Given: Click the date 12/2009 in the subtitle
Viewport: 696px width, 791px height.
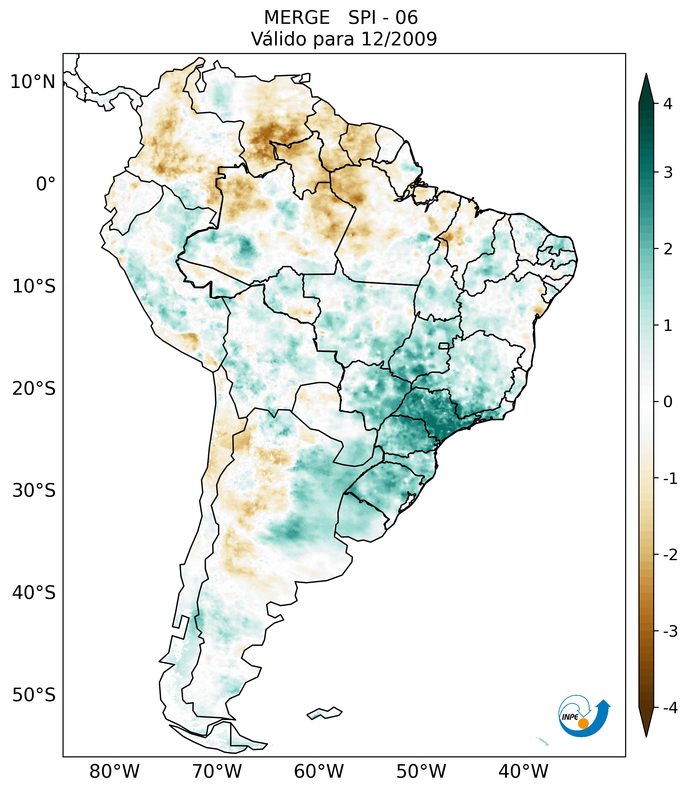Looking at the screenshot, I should click(399, 39).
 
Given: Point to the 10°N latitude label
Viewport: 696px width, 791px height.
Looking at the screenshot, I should click(33, 82).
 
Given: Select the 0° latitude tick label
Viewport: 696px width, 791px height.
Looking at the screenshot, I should click(46, 184).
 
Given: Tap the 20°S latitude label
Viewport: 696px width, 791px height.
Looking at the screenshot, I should click(34, 389).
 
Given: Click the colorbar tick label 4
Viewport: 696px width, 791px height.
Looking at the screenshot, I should click(668, 104).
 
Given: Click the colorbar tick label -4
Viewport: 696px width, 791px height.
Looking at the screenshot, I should click(670, 708).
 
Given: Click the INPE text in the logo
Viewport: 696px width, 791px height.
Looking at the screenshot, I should click(570, 717).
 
